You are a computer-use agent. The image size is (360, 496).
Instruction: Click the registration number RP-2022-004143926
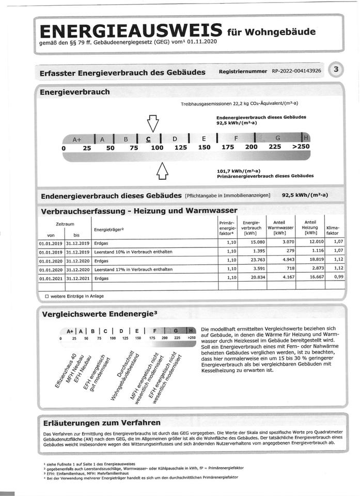pyautogui.click(x=296, y=71)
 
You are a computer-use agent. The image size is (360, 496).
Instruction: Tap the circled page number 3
pyautogui.click(x=336, y=70)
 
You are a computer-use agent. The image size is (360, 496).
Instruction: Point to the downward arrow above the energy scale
pyautogui.click(x=152, y=123)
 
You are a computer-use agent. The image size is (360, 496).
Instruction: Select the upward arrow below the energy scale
pyautogui.click(x=162, y=171)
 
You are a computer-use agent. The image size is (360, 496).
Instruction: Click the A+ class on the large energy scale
pyautogui.click(x=77, y=139)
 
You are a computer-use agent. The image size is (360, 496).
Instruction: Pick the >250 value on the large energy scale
pyautogui.click(x=301, y=147)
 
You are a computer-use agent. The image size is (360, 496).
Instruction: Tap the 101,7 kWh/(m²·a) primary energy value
pyautogui.click(x=239, y=171)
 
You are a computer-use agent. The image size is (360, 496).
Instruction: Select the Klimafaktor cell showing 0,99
pyautogui.click(x=338, y=278)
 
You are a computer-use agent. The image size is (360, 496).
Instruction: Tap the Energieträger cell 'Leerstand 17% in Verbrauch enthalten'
pyautogui.click(x=133, y=269)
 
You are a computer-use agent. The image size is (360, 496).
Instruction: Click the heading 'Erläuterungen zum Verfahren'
pyautogui.click(x=102, y=423)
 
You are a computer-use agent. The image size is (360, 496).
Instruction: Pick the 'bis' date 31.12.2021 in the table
pyautogui.click(x=77, y=278)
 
